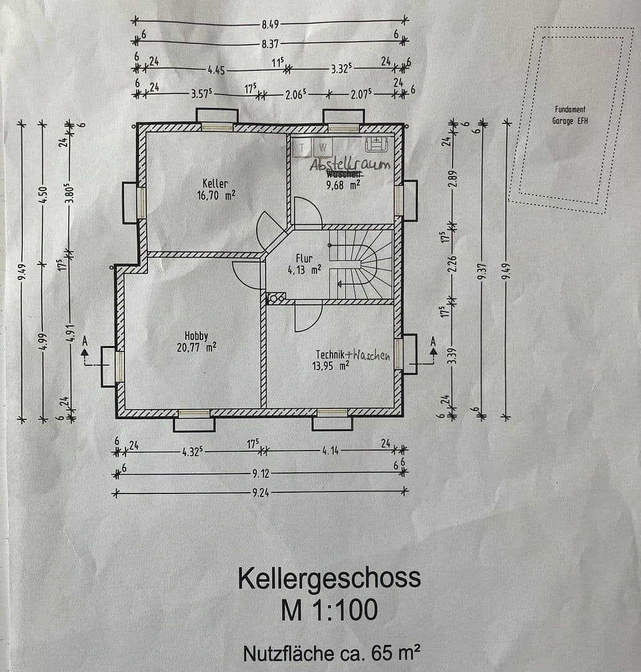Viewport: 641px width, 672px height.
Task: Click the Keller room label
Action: (x=215, y=184)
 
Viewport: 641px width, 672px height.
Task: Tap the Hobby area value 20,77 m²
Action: (x=196, y=347)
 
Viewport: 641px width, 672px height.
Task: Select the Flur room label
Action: (x=304, y=258)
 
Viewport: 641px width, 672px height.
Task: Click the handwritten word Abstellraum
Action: (x=350, y=164)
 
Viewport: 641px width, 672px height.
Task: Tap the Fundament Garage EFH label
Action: (x=570, y=115)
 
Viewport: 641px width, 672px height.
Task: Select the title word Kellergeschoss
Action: (x=328, y=578)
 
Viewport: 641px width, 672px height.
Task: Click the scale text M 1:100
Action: (x=328, y=610)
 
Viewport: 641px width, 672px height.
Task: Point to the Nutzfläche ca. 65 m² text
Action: (x=331, y=653)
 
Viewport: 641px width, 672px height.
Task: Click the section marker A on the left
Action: (x=85, y=341)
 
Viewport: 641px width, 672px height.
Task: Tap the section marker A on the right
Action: (x=433, y=341)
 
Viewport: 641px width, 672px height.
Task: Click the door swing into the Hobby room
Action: (x=247, y=275)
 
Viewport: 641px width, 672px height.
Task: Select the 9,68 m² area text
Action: (x=344, y=184)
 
